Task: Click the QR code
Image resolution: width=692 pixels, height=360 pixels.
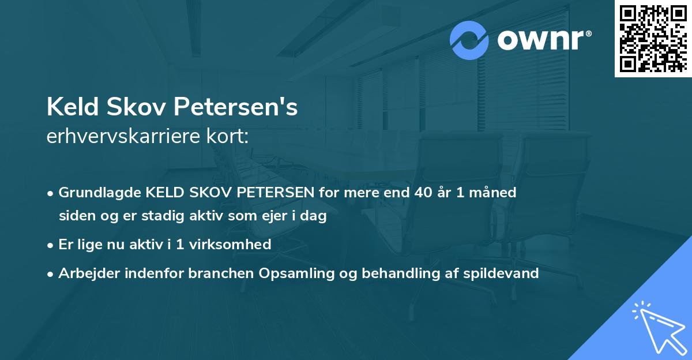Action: (x=653, y=38)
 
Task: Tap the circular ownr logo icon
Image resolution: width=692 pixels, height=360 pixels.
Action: (x=469, y=40)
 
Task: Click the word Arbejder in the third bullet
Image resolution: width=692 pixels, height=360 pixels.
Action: (x=85, y=273)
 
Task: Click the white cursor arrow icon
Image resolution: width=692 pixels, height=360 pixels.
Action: (x=660, y=330)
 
